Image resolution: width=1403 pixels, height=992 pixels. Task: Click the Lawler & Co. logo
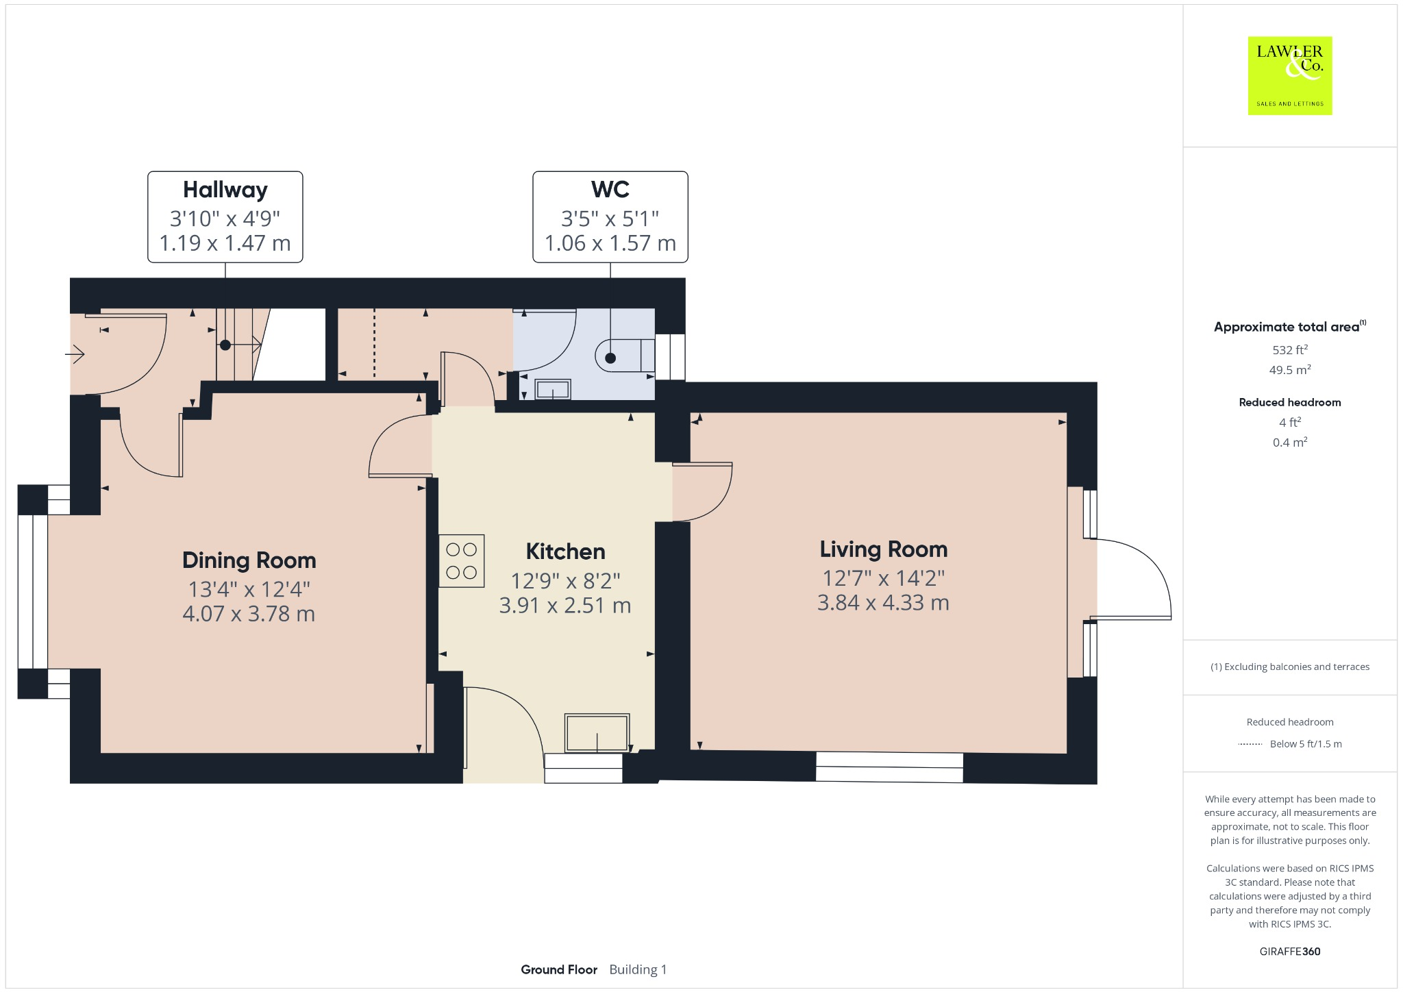[1289, 75]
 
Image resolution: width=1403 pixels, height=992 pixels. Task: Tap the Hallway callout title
[225, 190]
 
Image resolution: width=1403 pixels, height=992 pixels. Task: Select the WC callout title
[610, 189]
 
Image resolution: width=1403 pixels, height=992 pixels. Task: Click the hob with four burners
[462, 561]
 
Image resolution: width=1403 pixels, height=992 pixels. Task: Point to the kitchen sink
[597, 733]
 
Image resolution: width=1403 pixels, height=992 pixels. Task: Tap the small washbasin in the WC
[552, 390]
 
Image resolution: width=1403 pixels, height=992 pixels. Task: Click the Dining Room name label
[249, 560]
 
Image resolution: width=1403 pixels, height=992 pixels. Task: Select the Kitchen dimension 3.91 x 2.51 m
[564, 606]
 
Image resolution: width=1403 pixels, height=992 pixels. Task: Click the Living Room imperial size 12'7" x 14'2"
[883, 578]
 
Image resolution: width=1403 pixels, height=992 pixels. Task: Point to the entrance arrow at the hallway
[75, 354]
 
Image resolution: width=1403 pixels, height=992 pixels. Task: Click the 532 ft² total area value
[1289, 349]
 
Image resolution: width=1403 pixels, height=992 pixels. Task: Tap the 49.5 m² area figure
[1289, 370]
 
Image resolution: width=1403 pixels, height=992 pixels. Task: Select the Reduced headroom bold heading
[1289, 402]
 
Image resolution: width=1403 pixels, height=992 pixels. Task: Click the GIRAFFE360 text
[1289, 951]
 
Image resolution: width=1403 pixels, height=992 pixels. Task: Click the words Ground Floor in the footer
[558, 969]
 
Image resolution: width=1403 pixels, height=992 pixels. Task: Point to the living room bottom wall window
[889, 767]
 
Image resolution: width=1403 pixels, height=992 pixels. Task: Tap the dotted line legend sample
[1250, 744]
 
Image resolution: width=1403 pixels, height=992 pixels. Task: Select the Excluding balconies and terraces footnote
[1289, 667]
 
